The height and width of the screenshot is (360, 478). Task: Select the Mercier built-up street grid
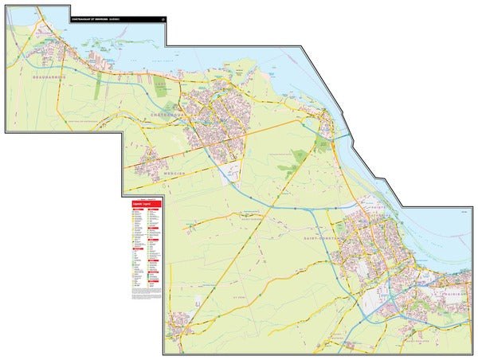tap(151, 166)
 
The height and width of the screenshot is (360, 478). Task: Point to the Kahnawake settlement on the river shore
tap(327, 123)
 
